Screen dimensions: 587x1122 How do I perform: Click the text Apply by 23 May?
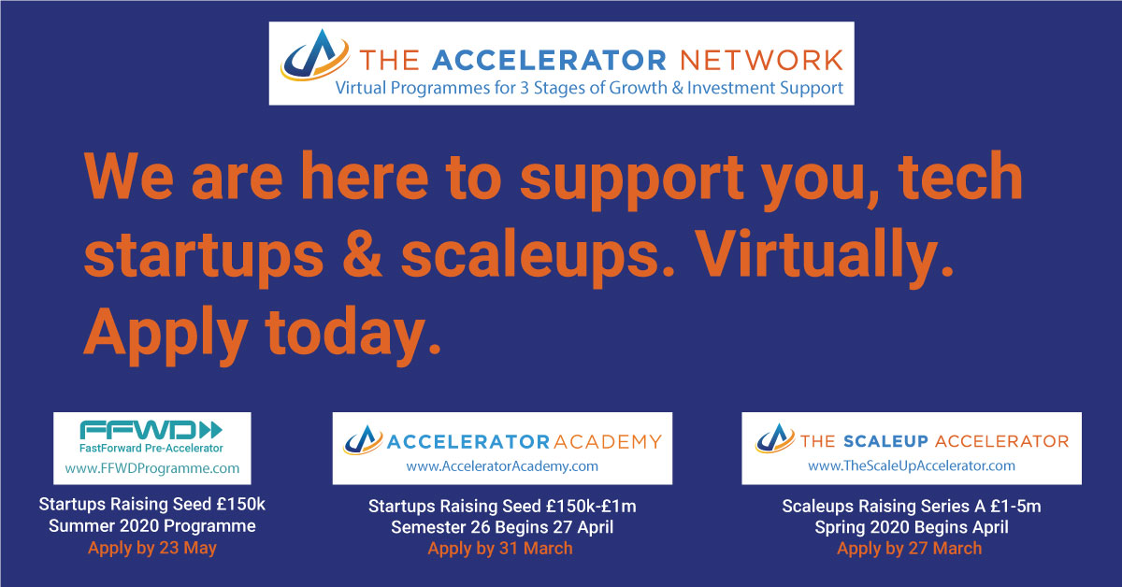(x=152, y=548)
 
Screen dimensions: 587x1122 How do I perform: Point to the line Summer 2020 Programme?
(x=152, y=526)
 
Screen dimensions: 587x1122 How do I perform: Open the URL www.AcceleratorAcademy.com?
(x=502, y=465)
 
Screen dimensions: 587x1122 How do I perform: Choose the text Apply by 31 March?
(x=500, y=549)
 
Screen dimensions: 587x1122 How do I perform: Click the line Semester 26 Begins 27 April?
(x=500, y=527)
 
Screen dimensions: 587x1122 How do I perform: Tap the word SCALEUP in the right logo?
(x=885, y=440)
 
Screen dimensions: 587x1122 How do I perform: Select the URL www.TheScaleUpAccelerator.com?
(x=911, y=465)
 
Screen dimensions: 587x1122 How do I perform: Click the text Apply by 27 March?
(x=910, y=549)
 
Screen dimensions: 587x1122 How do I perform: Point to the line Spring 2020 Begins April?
(x=911, y=527)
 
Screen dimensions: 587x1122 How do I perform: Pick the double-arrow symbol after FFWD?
(x=211, y=429)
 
